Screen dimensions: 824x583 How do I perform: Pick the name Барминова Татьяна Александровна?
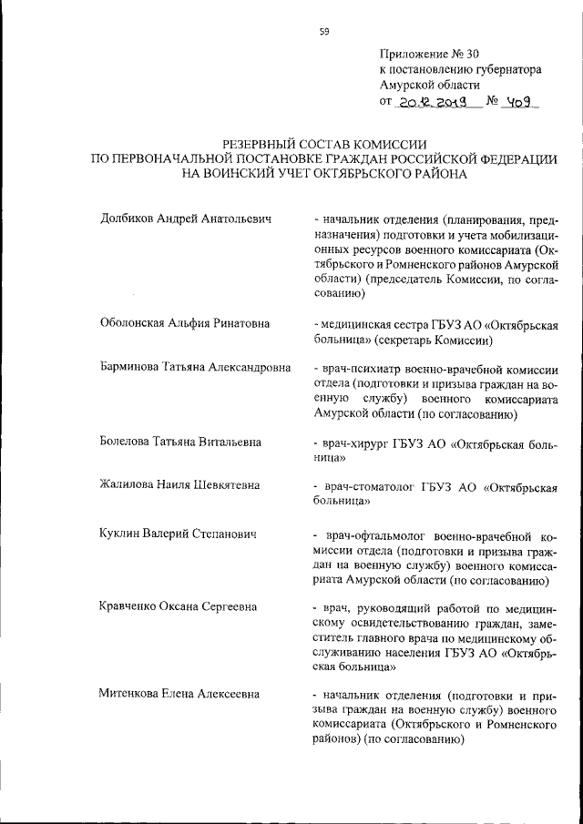pyautogui.click(x=195, y=368)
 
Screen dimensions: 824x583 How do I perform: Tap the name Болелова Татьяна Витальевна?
pyautogui.click(x=180, y=442)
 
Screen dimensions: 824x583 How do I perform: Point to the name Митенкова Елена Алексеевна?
pyautogui.click(x=179, y=695)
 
